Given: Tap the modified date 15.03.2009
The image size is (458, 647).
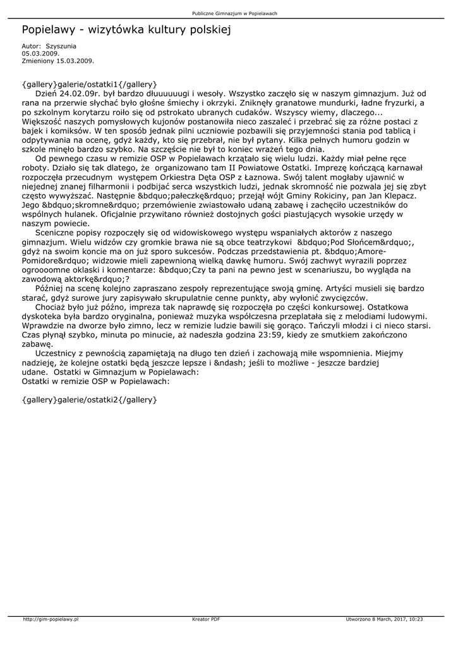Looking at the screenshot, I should pyautogui.click(x=75, y=61).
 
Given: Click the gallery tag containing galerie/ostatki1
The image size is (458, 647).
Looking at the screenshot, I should pyautogui.click(x=89, y=83).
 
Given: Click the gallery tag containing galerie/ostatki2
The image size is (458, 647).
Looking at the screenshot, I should pyautogui.click(x=89, y=399).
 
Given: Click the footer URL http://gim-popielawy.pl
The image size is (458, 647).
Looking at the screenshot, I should pyautogui.click(x=51, y=619).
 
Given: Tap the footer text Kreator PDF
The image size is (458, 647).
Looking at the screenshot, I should pyautogui.click(x=206, y=619).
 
